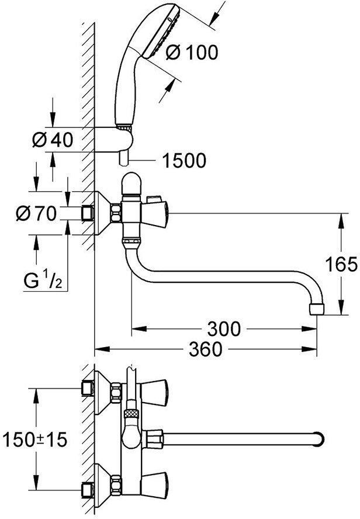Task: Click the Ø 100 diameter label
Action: tap(192, 52)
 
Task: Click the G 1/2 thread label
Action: tap(43, 281)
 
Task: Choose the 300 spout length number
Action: tap(223, 329)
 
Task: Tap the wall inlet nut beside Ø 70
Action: tap(88, 213)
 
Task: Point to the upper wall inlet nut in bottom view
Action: tap(88, 387)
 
